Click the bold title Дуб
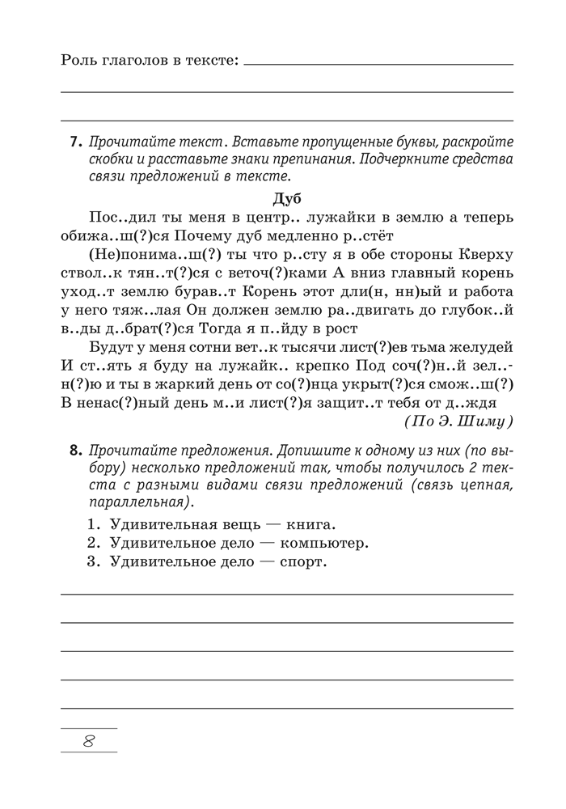[287, 198]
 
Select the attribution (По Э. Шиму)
[458, 421]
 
